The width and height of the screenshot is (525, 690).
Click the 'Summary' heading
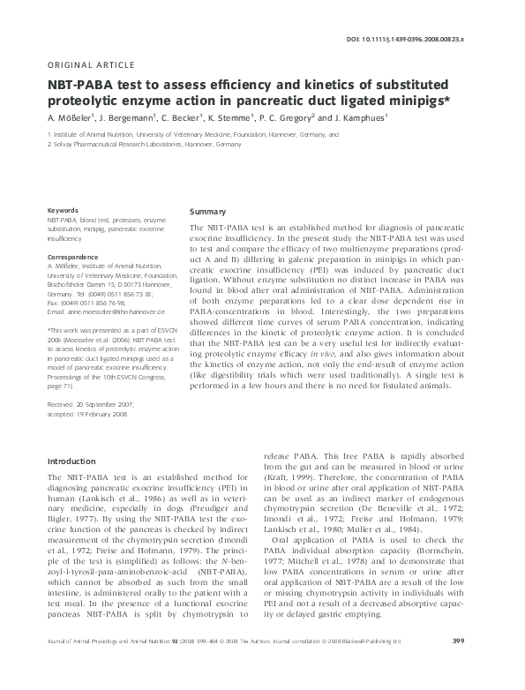[x=208, y=213]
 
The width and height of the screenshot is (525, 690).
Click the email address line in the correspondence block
[x=106, y=312]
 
